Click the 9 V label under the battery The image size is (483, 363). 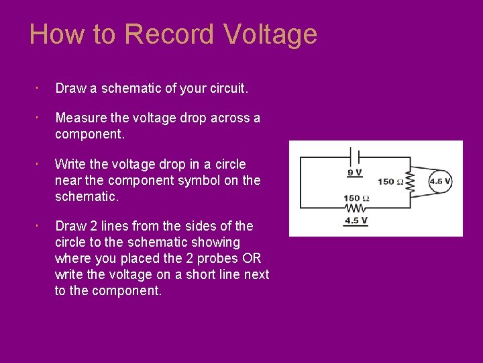[355, 173]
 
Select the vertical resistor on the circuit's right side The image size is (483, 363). [411, 182]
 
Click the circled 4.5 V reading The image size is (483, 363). [440, 182]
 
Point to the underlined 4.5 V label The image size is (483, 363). [355, 220]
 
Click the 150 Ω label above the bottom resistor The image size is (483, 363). [356, 198]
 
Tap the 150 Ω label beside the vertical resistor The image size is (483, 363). [390, 182]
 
